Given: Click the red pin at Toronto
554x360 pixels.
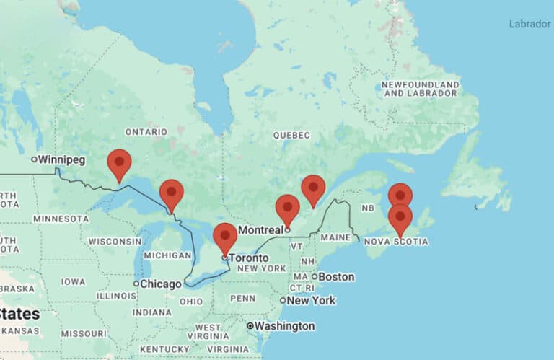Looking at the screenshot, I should coord(225,237).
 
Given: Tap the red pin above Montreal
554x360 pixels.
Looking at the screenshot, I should coord(287,208).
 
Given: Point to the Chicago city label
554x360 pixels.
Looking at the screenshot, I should coord(160,284).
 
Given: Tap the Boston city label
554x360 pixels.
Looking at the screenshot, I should coord(336,276).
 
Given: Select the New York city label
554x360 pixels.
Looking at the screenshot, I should coord(311,300).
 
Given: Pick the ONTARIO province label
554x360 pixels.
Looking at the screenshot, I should coord(146,132).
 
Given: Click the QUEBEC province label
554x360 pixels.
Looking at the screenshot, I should coord(291,135).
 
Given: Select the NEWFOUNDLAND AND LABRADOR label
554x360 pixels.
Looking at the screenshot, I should coord(421,89).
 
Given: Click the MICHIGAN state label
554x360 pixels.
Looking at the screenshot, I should coord(167,255).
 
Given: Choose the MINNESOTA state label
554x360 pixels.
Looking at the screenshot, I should coord(61,219).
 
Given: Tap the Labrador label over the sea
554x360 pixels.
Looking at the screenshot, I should coord(529,24).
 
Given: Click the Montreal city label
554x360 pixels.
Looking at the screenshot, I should coord(260,230).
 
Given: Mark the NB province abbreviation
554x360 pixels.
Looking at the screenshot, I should coord(368,208).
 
